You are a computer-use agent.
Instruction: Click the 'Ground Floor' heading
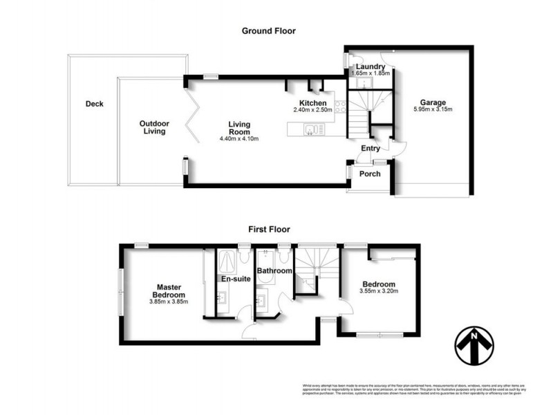[269, 30]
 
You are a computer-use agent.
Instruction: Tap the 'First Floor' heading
[269, 229]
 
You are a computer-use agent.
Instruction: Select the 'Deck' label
[94, 104]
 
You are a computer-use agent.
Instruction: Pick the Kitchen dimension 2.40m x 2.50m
[312, 110]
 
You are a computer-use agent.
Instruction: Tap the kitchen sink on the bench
[312, 128]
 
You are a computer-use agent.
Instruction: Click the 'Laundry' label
[371, 66]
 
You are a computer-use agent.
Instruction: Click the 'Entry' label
[371, 148]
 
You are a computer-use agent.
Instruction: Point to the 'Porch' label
[371, 174]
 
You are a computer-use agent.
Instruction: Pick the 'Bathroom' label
[274, 271]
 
